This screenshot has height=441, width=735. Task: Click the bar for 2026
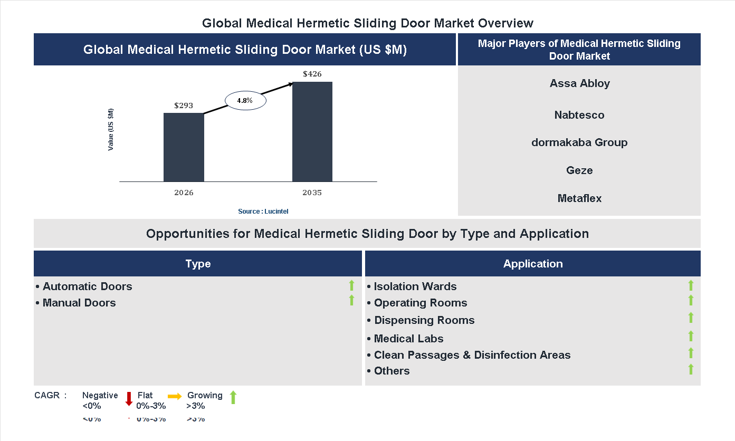184,147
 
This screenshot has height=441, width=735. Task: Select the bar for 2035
312,131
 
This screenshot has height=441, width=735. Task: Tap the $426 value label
312,74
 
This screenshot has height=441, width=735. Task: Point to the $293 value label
184,106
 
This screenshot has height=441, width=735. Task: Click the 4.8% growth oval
245,100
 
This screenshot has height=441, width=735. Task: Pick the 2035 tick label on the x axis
312,193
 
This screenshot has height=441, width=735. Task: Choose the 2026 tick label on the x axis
184,193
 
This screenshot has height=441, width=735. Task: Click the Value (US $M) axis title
111,129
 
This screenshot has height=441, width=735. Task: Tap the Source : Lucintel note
263,212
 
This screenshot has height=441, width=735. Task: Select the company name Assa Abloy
579,83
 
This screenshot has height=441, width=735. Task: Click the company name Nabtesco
579,115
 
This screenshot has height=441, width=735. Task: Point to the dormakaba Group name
579,142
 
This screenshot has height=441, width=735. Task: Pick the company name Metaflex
579,198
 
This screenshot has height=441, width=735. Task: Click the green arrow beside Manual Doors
351,301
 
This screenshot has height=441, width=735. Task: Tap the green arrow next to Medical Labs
691,336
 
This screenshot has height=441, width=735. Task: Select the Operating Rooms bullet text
421,303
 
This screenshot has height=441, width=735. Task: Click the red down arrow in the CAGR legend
129,399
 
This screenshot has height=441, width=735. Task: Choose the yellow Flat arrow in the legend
175,396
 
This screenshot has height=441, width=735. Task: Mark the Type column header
198,264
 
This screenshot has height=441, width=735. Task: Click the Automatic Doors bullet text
87,286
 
